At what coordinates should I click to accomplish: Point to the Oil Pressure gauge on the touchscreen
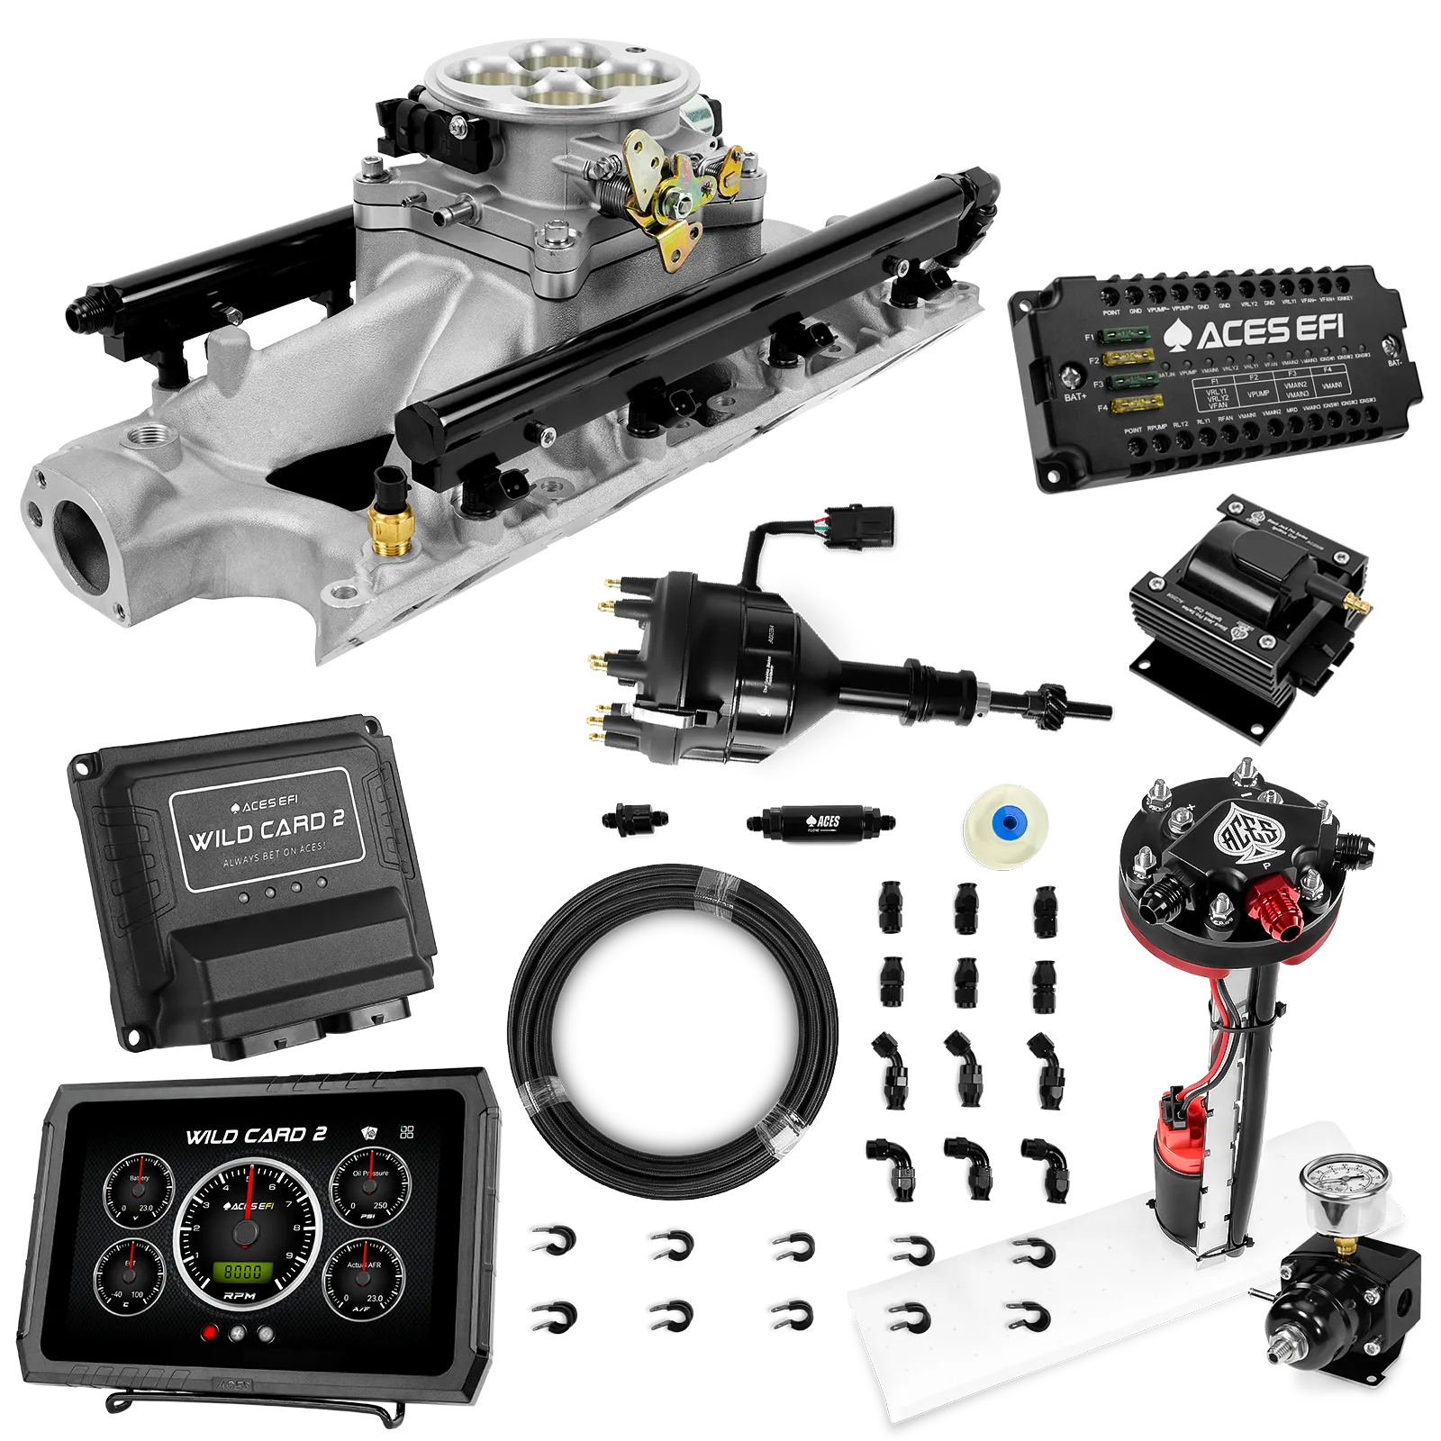[x=370, y=1188]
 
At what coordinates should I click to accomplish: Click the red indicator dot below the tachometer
[x=210, y=1333]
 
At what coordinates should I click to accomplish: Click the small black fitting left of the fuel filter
[x=634, y=817]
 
